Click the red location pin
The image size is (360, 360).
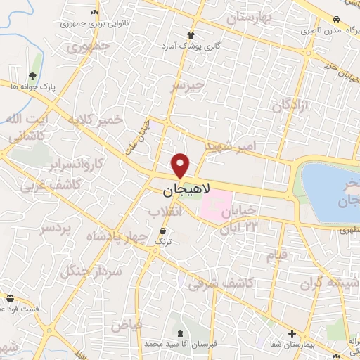pos(181,165)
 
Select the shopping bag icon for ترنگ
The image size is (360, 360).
pos(164,231)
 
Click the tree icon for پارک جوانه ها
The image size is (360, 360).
pos(33,75)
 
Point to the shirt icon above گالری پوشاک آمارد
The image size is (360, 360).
pos(190,34)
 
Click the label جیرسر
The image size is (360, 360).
pos(188,86)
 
